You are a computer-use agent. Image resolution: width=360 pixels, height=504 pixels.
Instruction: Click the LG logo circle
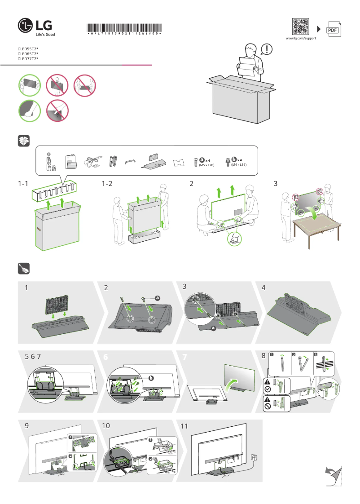(x=26, y=27)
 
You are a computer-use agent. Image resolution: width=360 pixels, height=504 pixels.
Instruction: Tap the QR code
(x=301, y=27)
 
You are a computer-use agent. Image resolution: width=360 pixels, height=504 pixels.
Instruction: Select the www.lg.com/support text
(x=301, y=39)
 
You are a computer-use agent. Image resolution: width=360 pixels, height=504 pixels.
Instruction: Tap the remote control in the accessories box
(x=48, y=161)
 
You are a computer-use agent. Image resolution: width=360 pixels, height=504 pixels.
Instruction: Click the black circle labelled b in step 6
(x=151, y=378)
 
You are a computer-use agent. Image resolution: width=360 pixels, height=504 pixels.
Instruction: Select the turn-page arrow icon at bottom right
(x=333, y=476)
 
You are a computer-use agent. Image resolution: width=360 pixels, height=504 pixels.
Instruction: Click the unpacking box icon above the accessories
(x=23, y=141)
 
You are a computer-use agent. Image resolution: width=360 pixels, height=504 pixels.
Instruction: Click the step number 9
(x=27, y=425)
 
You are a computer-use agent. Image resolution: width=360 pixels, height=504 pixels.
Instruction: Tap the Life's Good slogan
(x=45, y=34)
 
